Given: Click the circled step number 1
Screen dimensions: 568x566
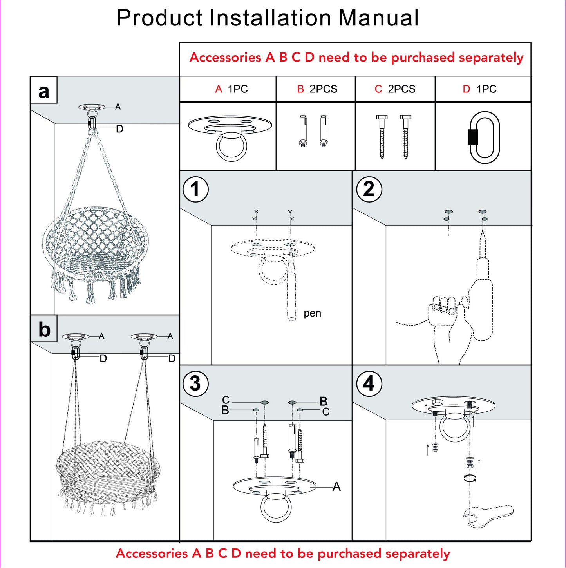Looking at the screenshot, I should click(195, 189).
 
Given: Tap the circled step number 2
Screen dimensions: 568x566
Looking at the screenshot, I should click(369, 189).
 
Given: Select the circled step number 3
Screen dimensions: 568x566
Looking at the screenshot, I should click(195, 383).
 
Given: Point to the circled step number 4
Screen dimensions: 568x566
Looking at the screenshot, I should click(369, 383).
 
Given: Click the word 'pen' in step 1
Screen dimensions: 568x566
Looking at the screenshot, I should click(312, 313).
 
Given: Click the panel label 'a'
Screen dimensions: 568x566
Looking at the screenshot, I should click(44, 91).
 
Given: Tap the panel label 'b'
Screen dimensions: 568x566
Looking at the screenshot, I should click(44, 329).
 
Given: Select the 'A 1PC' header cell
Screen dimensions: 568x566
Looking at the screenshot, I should click(231, 89).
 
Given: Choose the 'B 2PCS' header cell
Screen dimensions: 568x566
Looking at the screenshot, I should click(317, 89).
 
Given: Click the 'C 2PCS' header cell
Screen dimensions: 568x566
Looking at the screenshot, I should click(395, 89).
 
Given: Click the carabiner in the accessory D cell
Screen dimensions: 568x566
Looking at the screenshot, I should click(484, 137).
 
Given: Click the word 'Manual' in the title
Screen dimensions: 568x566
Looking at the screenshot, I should click(378, 18).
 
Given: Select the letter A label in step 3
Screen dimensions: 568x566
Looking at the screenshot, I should click(336, 487).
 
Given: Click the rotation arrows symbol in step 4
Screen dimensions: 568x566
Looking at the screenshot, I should click(470, 478).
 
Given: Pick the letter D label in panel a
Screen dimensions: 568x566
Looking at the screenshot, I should click(119, 129).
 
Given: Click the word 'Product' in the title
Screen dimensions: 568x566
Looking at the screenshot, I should click(159, 18).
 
